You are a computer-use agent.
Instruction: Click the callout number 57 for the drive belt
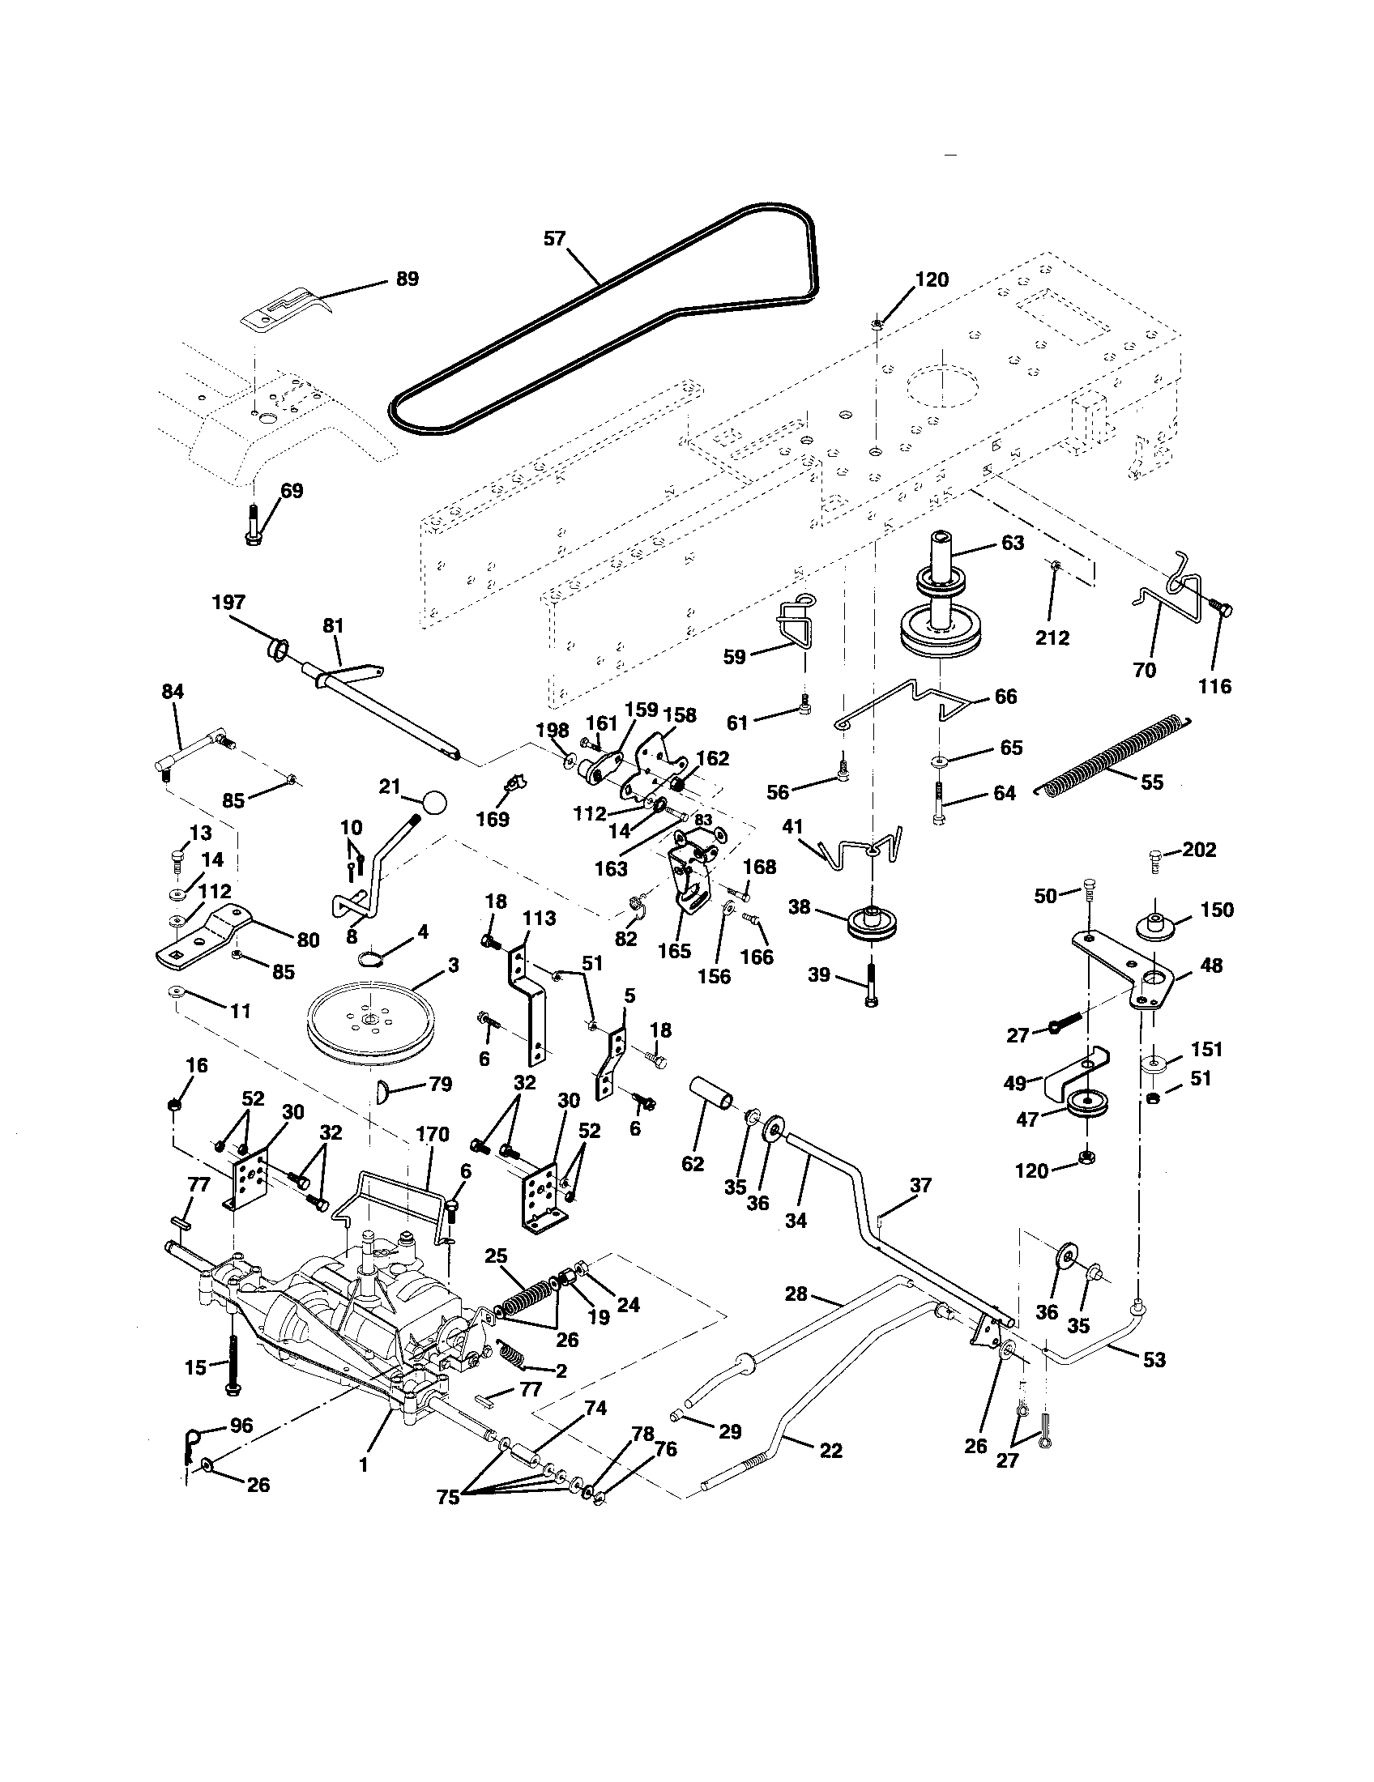(555, 239)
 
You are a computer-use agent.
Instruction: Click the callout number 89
(408, 279)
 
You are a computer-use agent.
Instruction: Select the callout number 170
(433, 1134)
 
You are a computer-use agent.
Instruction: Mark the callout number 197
(228, 602)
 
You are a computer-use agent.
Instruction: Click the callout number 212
(1052, 637)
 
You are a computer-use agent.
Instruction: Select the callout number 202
(1198, 850)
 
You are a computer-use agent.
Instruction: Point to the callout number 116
(1214, 686)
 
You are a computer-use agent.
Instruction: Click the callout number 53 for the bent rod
(1154, 1359)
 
